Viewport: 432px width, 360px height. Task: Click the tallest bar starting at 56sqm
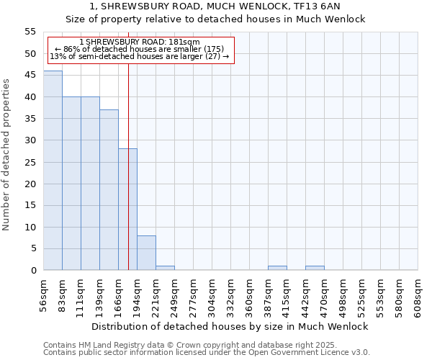[x=53, y=171]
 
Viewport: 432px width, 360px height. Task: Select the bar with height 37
[x=109, y=190]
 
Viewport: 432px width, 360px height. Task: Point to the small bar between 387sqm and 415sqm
[x=277, y=268]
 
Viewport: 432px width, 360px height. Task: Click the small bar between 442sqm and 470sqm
[x=315, y=268]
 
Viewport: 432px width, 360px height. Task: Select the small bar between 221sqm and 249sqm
[x=165, y=268]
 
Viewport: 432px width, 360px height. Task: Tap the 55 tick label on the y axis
[x=30, y=32]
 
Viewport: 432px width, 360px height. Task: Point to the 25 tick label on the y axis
[x=30, y=162]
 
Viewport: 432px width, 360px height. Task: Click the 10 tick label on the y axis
[x=30, y=227]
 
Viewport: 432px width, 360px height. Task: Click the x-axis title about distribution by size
[x=230, y=326]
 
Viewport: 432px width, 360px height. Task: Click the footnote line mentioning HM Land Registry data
[x=180, y=345]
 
